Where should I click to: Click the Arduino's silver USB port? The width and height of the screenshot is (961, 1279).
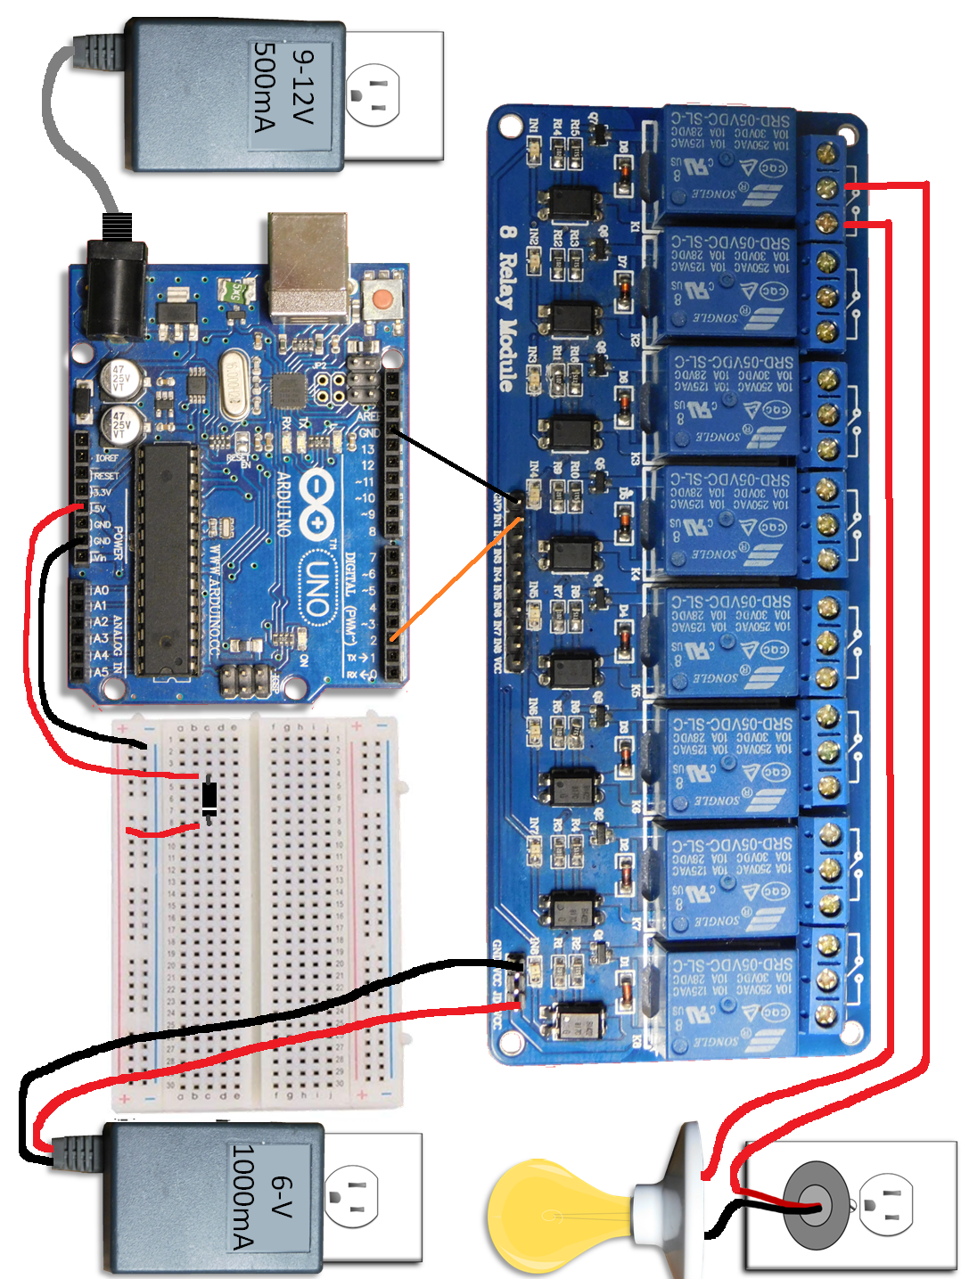(x=308, y=265)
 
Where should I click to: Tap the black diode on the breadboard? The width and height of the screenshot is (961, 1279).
(x=209, y=798)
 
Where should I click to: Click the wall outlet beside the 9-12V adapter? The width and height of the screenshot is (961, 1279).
(x=392, y=94)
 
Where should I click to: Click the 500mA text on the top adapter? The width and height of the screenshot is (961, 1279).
(x=266, y=86)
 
